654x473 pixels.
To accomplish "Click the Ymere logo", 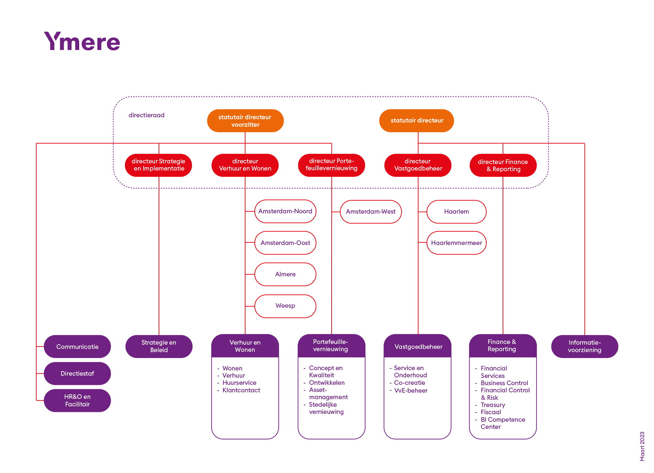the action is tap(82, 41).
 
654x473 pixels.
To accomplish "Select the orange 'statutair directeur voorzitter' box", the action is tap(245, 121).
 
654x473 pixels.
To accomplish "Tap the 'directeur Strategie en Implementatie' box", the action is tap(158, 165).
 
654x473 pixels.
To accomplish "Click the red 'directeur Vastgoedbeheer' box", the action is tap(418, 165).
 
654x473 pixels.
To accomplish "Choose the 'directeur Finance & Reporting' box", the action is tap(503, 165).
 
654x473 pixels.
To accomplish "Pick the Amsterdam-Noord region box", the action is tap(285, 211).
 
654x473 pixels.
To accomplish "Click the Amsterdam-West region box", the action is tap(371, 212).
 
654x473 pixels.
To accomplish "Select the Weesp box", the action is tap(285, 306).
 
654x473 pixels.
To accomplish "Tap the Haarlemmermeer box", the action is tap(456, 243).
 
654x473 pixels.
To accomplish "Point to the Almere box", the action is tap(285, 274).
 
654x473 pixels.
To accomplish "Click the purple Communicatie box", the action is tap(77, 347).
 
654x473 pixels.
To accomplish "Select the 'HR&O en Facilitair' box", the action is tap(77, 400).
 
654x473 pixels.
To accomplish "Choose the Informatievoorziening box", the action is tap(585, 347).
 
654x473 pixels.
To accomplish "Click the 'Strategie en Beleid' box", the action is tap(159, 347).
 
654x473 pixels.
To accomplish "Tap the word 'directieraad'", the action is tap(146, 115).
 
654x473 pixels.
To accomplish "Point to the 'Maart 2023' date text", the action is tap(642, 446).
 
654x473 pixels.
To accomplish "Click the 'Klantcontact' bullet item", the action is tap(241, 390).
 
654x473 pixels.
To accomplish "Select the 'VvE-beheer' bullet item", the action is tap(411, 390).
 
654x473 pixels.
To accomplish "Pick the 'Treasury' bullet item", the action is tap(493, 405).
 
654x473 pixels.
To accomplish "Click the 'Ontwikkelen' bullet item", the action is tap(327, 383).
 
